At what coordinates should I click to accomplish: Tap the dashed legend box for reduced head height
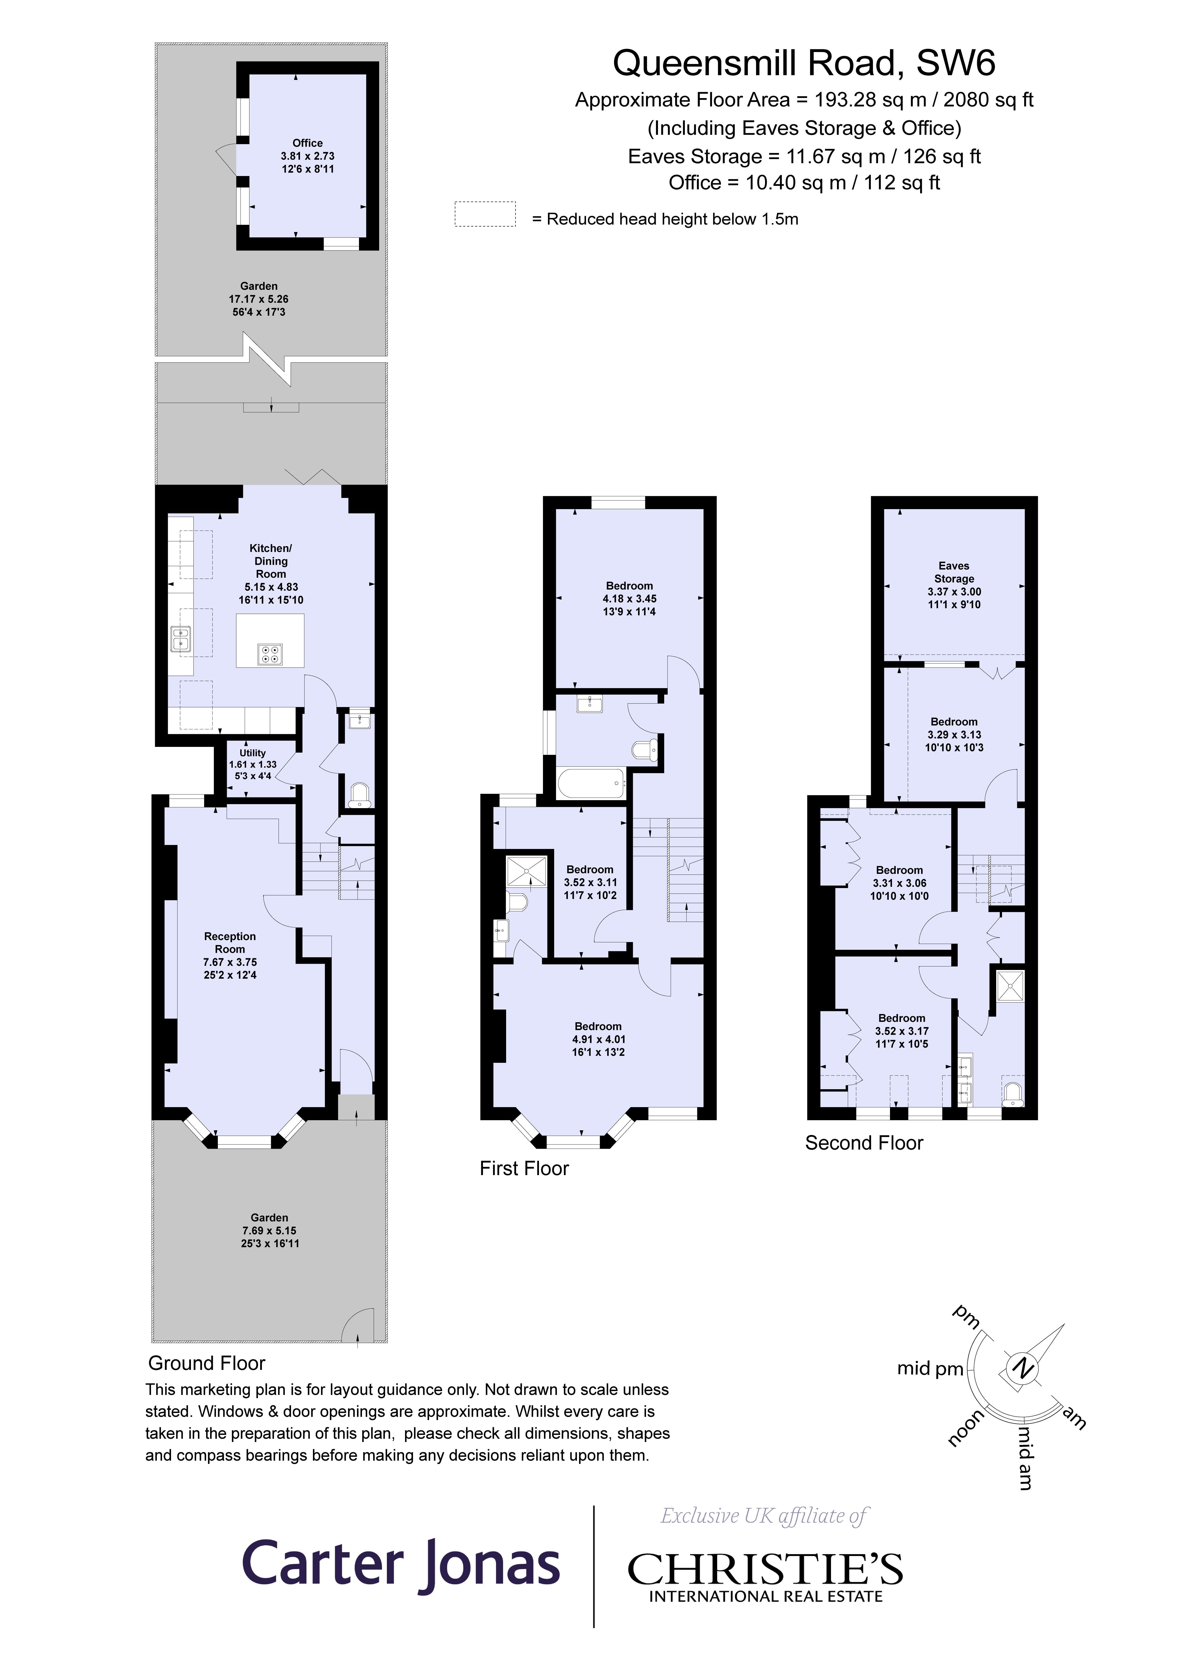(x=485, y=214)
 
